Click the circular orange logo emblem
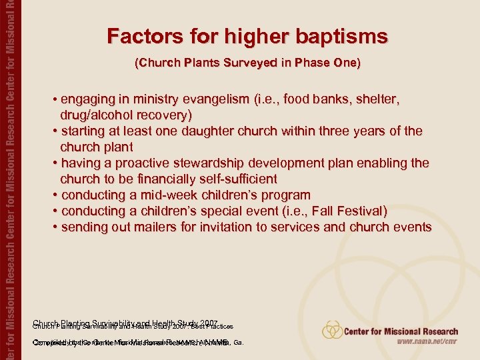331,331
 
